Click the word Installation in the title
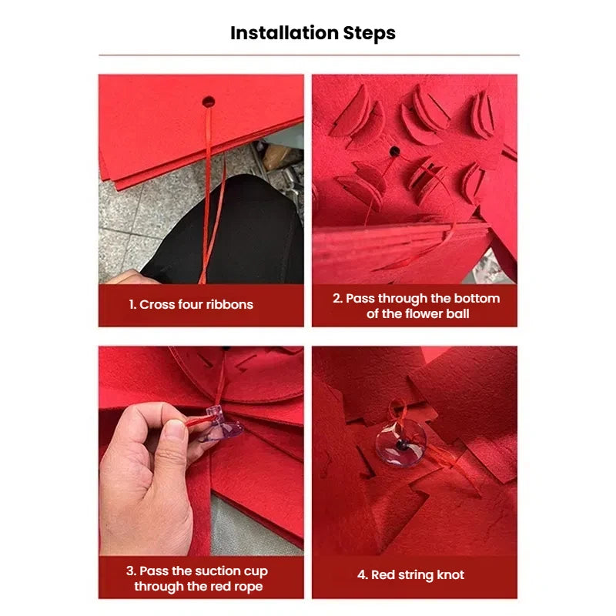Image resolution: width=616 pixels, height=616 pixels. tap(284, 33)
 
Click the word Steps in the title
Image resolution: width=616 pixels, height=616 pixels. tap(369, 33)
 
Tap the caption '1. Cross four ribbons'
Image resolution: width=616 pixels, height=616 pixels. tap(191, 304)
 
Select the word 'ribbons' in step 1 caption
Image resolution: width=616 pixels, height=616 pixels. tap(229, 304)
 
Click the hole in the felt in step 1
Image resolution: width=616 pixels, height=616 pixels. tap(208, 101)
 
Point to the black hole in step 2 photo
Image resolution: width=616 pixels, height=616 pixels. tap(394, 151)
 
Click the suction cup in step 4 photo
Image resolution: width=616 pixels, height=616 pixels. tap(400, 443)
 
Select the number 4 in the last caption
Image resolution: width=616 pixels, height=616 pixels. tap(362, 575)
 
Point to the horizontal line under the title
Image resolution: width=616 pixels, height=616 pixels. tap(308, 55)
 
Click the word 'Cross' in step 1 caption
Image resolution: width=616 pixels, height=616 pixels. tap(156, 304)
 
